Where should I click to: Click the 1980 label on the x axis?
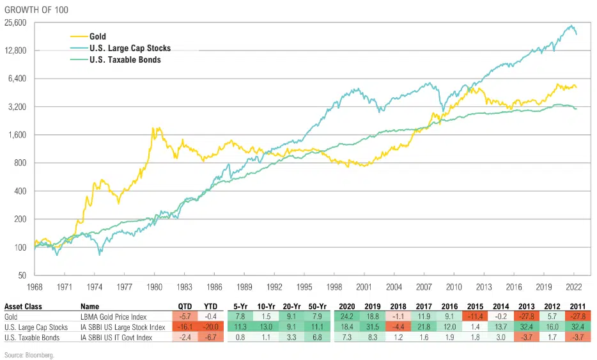pos(153,288)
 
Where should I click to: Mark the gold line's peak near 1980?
pos(154,129)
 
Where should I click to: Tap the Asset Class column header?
pos(24,306)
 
